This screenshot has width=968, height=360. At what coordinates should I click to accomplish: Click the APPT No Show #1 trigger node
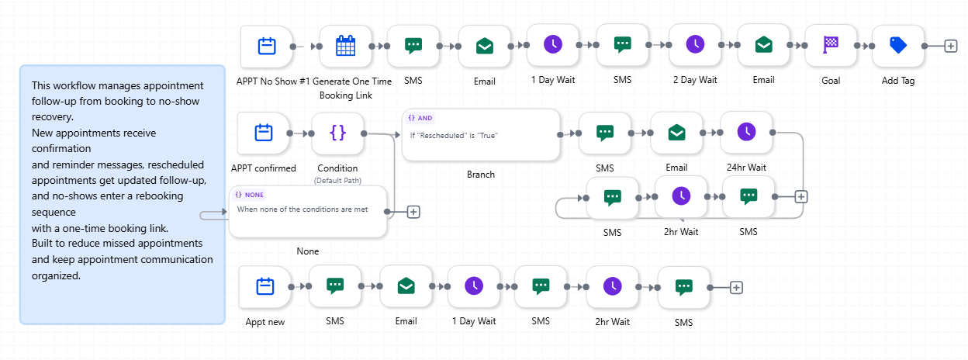pyautogui.click(x=267, y=47)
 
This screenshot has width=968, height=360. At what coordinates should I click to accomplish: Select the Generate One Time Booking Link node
pyautogui.click(x=346, y=47)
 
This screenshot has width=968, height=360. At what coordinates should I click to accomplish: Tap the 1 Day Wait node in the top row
pyautogui.click(x=553, y=44)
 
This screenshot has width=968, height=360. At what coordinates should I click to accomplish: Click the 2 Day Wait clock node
pyautogui.click(x=695, y=44)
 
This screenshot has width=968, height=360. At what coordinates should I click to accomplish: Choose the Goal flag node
pyautogui.click(x=831, y=45)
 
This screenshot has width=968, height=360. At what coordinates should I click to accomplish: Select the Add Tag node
pyautogui.click(x=898, y=45)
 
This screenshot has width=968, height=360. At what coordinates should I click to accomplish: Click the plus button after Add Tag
pyautogui.click(x=951, y=46)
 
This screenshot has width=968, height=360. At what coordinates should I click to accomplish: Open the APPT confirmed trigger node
pyautogui.click(x=263, y=133)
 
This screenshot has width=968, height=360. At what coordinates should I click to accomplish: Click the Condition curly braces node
pyautogui.click(x=337, y=133)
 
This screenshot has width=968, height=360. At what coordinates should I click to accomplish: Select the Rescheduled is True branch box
pyautogui.click(x=481, y=135)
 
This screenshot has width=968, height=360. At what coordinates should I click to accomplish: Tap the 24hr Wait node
pyautogui.click(x=746, y=132)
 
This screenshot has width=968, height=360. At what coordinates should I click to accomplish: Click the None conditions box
pyautogui.click(x=308, y=212)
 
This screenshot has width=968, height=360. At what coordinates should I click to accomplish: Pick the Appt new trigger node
pyautogui.click(x=265, y=287)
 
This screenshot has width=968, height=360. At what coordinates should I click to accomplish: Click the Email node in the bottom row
pyautogui.click(x=406, y=286)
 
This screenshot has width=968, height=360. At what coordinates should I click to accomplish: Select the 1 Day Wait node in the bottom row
pyautogui.click(x=474, y=286)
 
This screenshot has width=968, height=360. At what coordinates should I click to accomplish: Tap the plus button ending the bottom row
pyautogui.click(x=736, y=288)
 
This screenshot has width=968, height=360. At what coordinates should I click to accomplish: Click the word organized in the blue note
pyautogui.click(x=56, y=275)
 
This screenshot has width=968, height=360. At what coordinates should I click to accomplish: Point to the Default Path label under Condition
pyautogui.click(x=337, y=181)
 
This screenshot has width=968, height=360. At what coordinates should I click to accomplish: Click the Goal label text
pyautogui.click(x=831, y=81)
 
